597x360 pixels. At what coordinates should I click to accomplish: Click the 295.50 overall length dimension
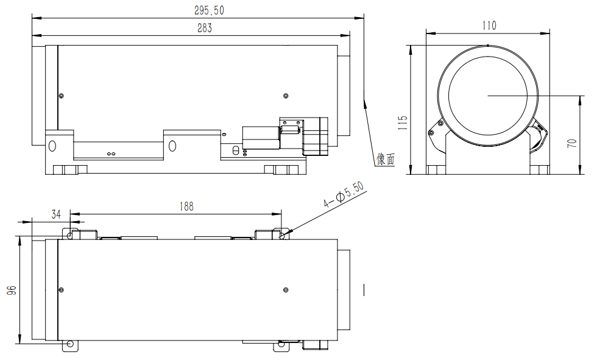tap(209, 10)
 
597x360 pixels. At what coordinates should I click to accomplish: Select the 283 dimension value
tap(205, 28)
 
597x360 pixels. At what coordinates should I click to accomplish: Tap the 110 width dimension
tap(489, 26)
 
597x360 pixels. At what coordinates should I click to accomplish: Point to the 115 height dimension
tap(403, 123)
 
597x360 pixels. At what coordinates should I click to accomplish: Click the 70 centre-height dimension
tap(572, 144)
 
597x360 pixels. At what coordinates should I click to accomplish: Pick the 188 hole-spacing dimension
tap(186, 206)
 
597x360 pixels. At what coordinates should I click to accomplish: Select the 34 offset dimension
tap(56, 214)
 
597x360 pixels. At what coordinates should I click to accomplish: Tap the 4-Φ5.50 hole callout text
tap(344, 194)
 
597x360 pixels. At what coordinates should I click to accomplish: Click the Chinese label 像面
tap(385, 159)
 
